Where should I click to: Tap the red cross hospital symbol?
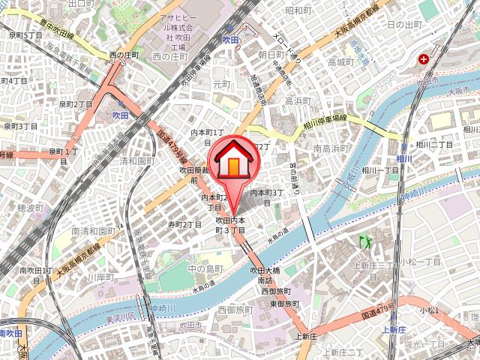click(425, 58)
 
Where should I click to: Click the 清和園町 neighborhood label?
click(136, 160)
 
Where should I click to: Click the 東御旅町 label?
click(284, 303)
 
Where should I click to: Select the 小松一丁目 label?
click(419, 262)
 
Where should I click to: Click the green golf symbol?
click(366, 241)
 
